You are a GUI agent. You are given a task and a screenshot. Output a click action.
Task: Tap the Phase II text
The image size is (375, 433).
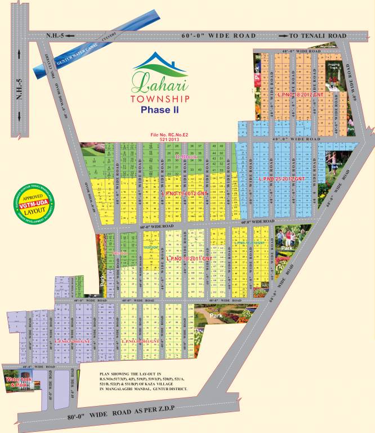click(159, 110)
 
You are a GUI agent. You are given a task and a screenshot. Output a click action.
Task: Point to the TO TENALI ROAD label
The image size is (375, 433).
click(318, 36)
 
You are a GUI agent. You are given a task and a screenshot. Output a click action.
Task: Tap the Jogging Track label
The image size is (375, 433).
click(334, 68)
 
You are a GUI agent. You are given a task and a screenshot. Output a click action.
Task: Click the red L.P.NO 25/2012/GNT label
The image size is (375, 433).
click(281, 179)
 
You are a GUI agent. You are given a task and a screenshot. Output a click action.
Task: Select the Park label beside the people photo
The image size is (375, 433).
click(288, 248)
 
